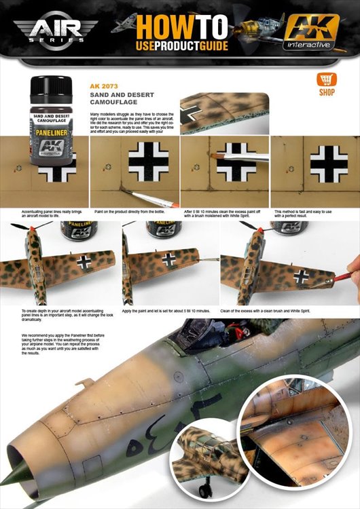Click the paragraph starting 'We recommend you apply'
pos(60,344)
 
